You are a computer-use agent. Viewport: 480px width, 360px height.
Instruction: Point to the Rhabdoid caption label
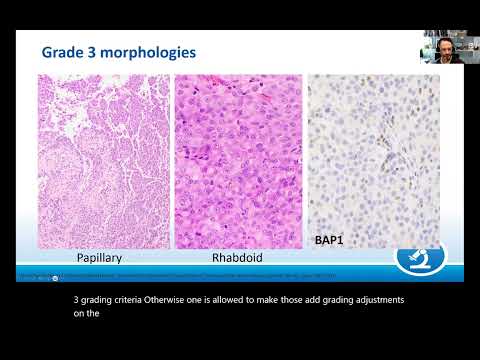point(237,258)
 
